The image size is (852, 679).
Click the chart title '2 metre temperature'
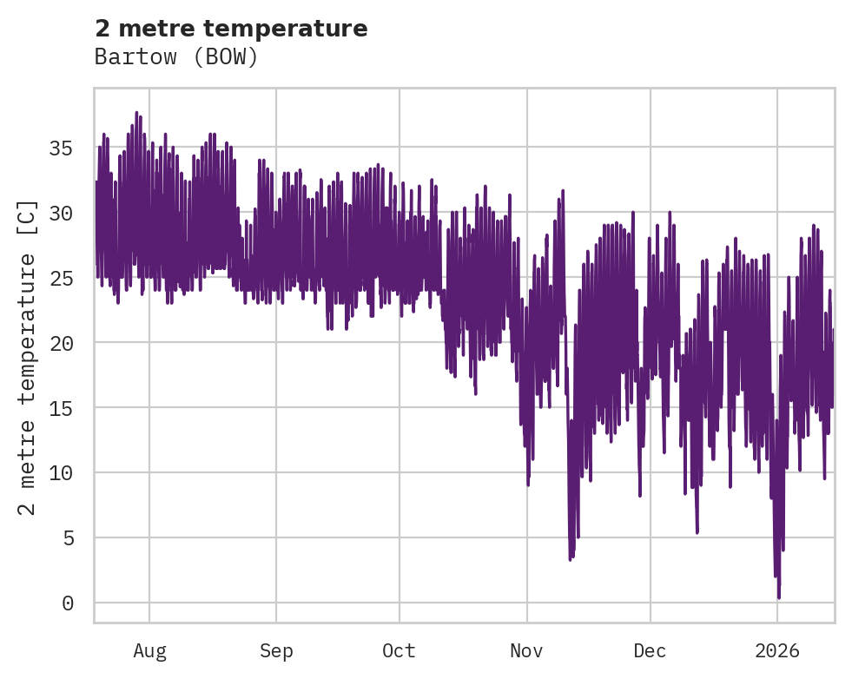tap(231, 29)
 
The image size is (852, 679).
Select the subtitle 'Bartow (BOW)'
tap(176, 57)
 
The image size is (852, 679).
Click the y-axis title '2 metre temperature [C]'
tap(28, 357)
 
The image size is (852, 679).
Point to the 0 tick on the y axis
tap(69, 603)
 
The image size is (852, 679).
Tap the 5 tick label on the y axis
tap(69, 538)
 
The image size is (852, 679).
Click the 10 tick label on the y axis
tap(63, 473)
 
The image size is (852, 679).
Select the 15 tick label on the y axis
tap(63, 408)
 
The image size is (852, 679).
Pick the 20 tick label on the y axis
tap(63, 343)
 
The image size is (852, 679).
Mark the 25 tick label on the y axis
tap(63, 278)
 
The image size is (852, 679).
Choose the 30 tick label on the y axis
tap(63, 213)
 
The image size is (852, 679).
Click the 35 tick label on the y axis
tap(63, 148)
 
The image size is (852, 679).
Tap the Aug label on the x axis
tap(149, 651)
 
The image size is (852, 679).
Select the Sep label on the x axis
tap(276, 651)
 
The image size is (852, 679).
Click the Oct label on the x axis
tap(400, 651)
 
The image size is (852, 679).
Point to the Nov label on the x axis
tap(526, 651)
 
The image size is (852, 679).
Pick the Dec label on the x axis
tap(650, 651)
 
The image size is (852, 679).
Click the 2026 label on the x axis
tap(777, 651)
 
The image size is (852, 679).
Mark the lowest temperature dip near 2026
tap(779, 597)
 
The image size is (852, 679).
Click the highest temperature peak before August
tap(136, 113)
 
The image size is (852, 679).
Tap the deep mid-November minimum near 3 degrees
tap(571, 559)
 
